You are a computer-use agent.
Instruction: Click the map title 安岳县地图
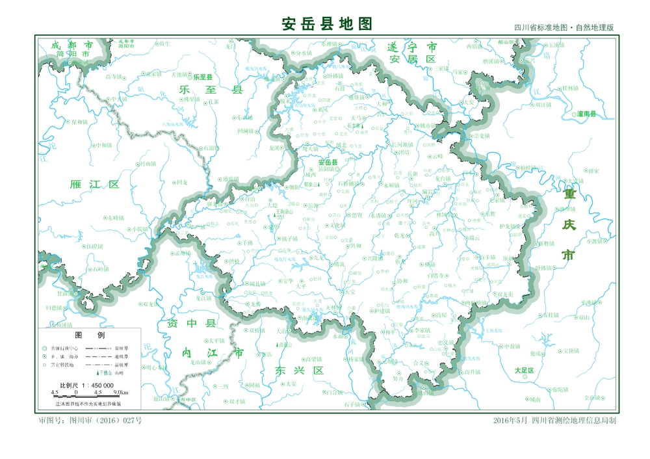pyautogui.click(x=327, y=24)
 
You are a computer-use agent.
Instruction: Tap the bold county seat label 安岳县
pyautogui.click(x=328, y=162)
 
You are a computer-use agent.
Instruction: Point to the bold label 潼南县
pyautogui.click(x=586, y=114)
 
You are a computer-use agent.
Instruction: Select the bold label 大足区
pyautogui.click(x=523, y=371)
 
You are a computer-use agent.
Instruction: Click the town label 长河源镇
pyautogui.click(x=400, y=144)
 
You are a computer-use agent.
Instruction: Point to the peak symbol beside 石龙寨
pyautogui.click(x=364, y=126)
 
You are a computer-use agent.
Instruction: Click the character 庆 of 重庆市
pyautogui.click(x=569, y=225)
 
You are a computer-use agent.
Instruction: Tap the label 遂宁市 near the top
pyautogui.click(x=411, y=47)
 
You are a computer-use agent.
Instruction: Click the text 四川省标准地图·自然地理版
pyautogui.click(x=564, y=28)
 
